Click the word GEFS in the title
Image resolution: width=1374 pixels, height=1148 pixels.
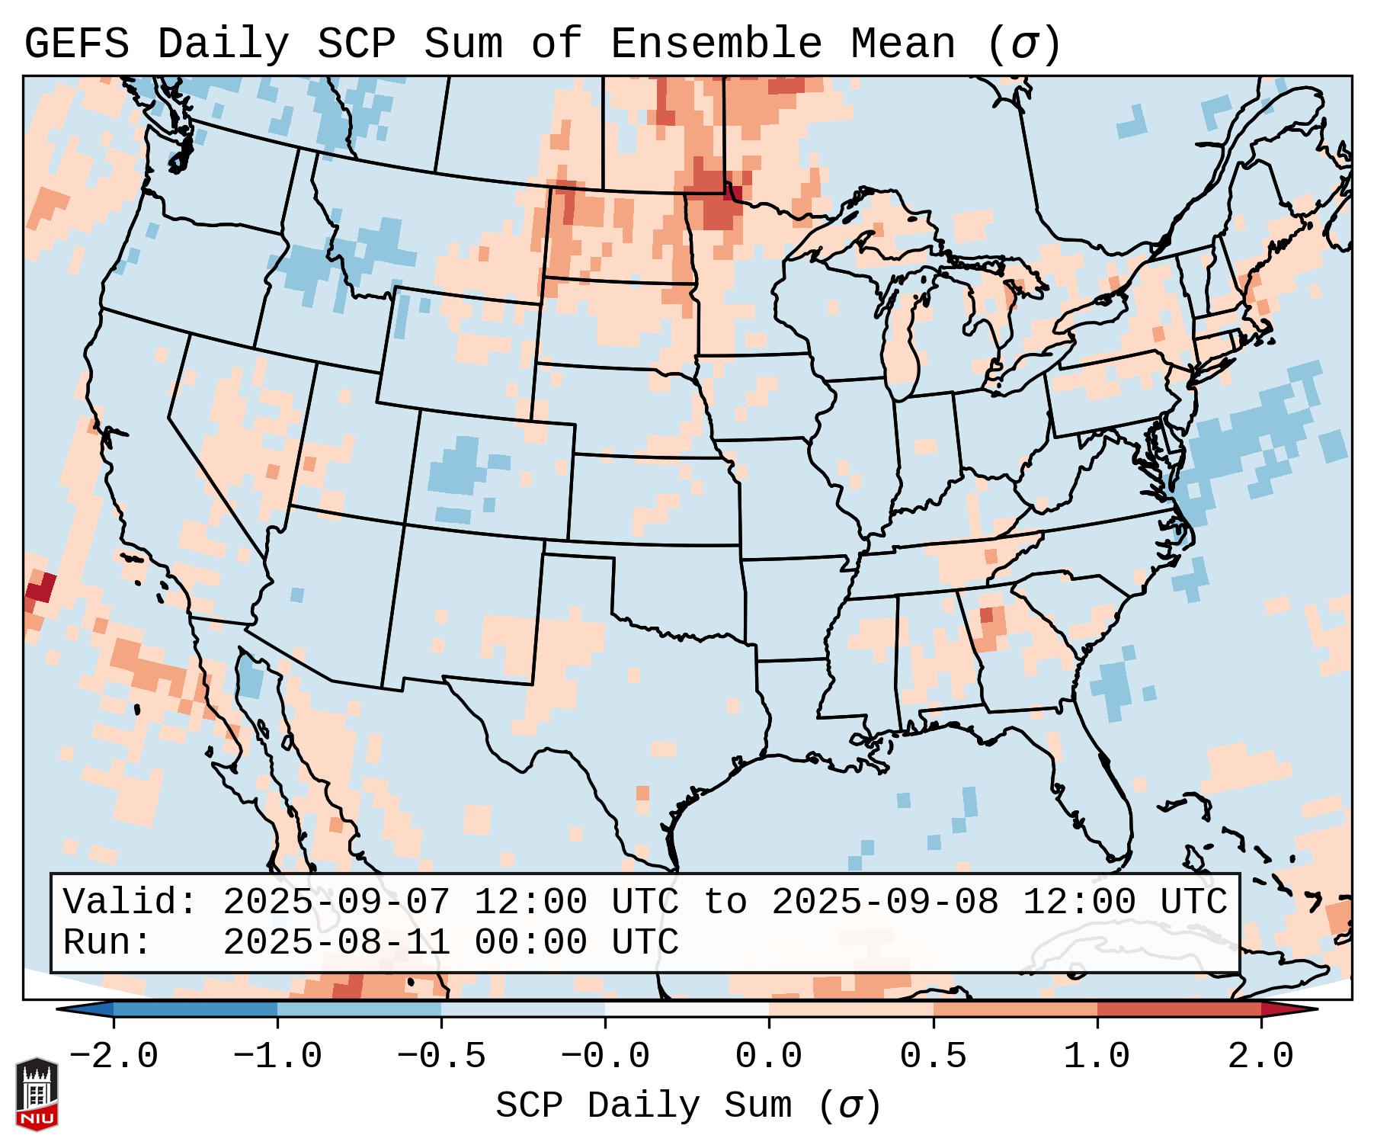point(76,44)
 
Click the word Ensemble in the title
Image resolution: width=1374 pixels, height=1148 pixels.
point(716,44)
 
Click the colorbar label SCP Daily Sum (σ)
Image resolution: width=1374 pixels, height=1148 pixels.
point(688,1106)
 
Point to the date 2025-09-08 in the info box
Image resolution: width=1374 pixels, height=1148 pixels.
point(885,902)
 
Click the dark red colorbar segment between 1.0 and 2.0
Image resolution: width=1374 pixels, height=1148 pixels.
point(1178,1009)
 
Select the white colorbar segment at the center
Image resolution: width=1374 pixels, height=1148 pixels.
point(687,1009)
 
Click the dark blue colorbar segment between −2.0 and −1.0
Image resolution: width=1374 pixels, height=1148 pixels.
point(195,1009)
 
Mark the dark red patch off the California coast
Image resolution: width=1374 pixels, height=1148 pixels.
point(40,589)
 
